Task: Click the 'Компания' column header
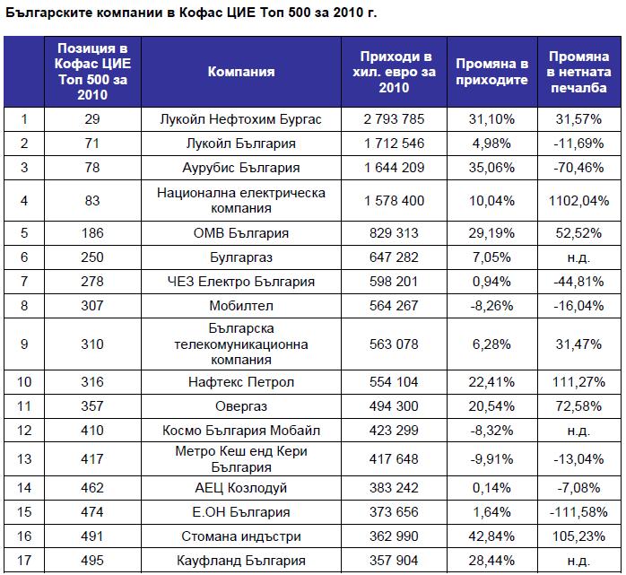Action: pyautogui.click(x=241, y=72)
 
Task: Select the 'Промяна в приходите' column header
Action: pyautogui.click(x=491, y=72)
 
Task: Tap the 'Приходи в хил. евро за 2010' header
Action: pyautogui.click(x=394, y=72)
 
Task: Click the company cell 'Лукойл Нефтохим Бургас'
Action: pyautogui.click(x=240, y=119)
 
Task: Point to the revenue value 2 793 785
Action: pyautogui.click(x=394, y=119)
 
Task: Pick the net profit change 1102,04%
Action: pyautogui.click(x=578, y=200)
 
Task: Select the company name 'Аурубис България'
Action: pyautogui.click(x=241, y=168)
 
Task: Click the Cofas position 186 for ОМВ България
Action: pyautogui.click(x=92, y=233)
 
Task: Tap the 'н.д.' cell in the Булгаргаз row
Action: pyautogui.click(x=578, y=257)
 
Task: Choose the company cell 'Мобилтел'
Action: pyautogui.click(x=241, y=306)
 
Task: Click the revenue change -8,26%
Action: pyautogui.click(x=491, y=306)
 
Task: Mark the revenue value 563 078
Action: pyautogui.click(x=394, y=344)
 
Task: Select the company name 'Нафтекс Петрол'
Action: pyautogui.click(x=241, y=382)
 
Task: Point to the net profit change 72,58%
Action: pyautogui.click(x=578, y=406)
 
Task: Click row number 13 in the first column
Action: pyautogui.click(x=24, y=458)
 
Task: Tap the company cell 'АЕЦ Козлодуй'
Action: pyautogui.click(x=241, y=488)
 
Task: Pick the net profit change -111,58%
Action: pyautogui.click(x=578, y=512)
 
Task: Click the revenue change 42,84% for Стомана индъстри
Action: pyautogui.click(x=491, y=536)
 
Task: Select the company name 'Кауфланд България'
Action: pyautogui.click(x=241, y=561)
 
